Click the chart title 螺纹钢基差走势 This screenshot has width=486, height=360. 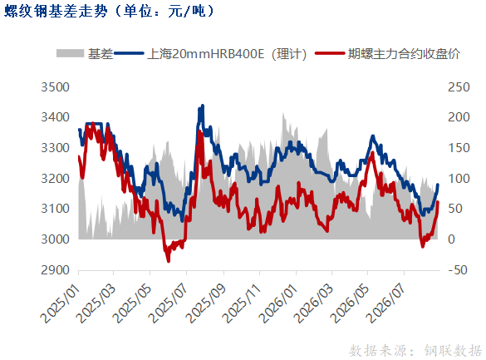coord(56,12)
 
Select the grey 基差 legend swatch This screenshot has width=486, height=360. coord(70,53)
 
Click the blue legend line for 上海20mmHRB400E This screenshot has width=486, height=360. coord(129,53)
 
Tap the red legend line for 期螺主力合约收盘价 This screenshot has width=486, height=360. coord(330,53)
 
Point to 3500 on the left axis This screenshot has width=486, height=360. coord(55,87)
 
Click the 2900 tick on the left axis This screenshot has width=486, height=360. coord(55,270)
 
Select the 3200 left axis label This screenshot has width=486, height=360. coord(55,179)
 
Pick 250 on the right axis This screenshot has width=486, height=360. coord(459,87)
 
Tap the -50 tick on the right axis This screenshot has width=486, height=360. coord(458,270)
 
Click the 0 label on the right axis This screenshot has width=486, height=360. coord(451,239)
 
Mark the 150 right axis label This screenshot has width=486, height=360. coord(459,148)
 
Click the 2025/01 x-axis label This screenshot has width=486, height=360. coord(61,303)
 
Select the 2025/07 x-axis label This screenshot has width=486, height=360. coord(169,303)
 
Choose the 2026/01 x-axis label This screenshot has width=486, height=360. coord(278,303)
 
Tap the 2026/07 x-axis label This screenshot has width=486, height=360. coord(385,303)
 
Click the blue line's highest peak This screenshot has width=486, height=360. coord(203,106)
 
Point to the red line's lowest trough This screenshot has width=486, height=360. coord(169,261)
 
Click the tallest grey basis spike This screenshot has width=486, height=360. coord(283,113)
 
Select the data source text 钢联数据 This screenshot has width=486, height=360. coord(453,351)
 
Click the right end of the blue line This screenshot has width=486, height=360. coord(438,185)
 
